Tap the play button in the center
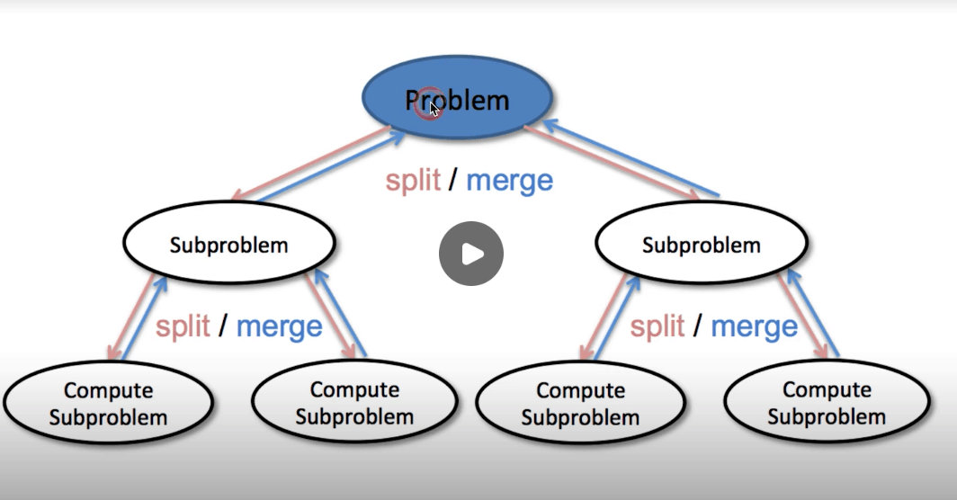[x=470, y=254]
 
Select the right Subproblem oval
[x=701, y=244]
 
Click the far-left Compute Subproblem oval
[x=108, y=404]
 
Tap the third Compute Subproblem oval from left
[x=580, y=404]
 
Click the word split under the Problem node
[x=413, y=180]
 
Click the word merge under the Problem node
[x=509, y=181]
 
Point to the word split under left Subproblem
[x=182, y=326]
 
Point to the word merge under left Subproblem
[x=279, y=326]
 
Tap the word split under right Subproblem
[x=657, y=326]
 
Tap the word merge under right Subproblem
[x=754, y=326]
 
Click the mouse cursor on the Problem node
[x=434, y=109]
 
